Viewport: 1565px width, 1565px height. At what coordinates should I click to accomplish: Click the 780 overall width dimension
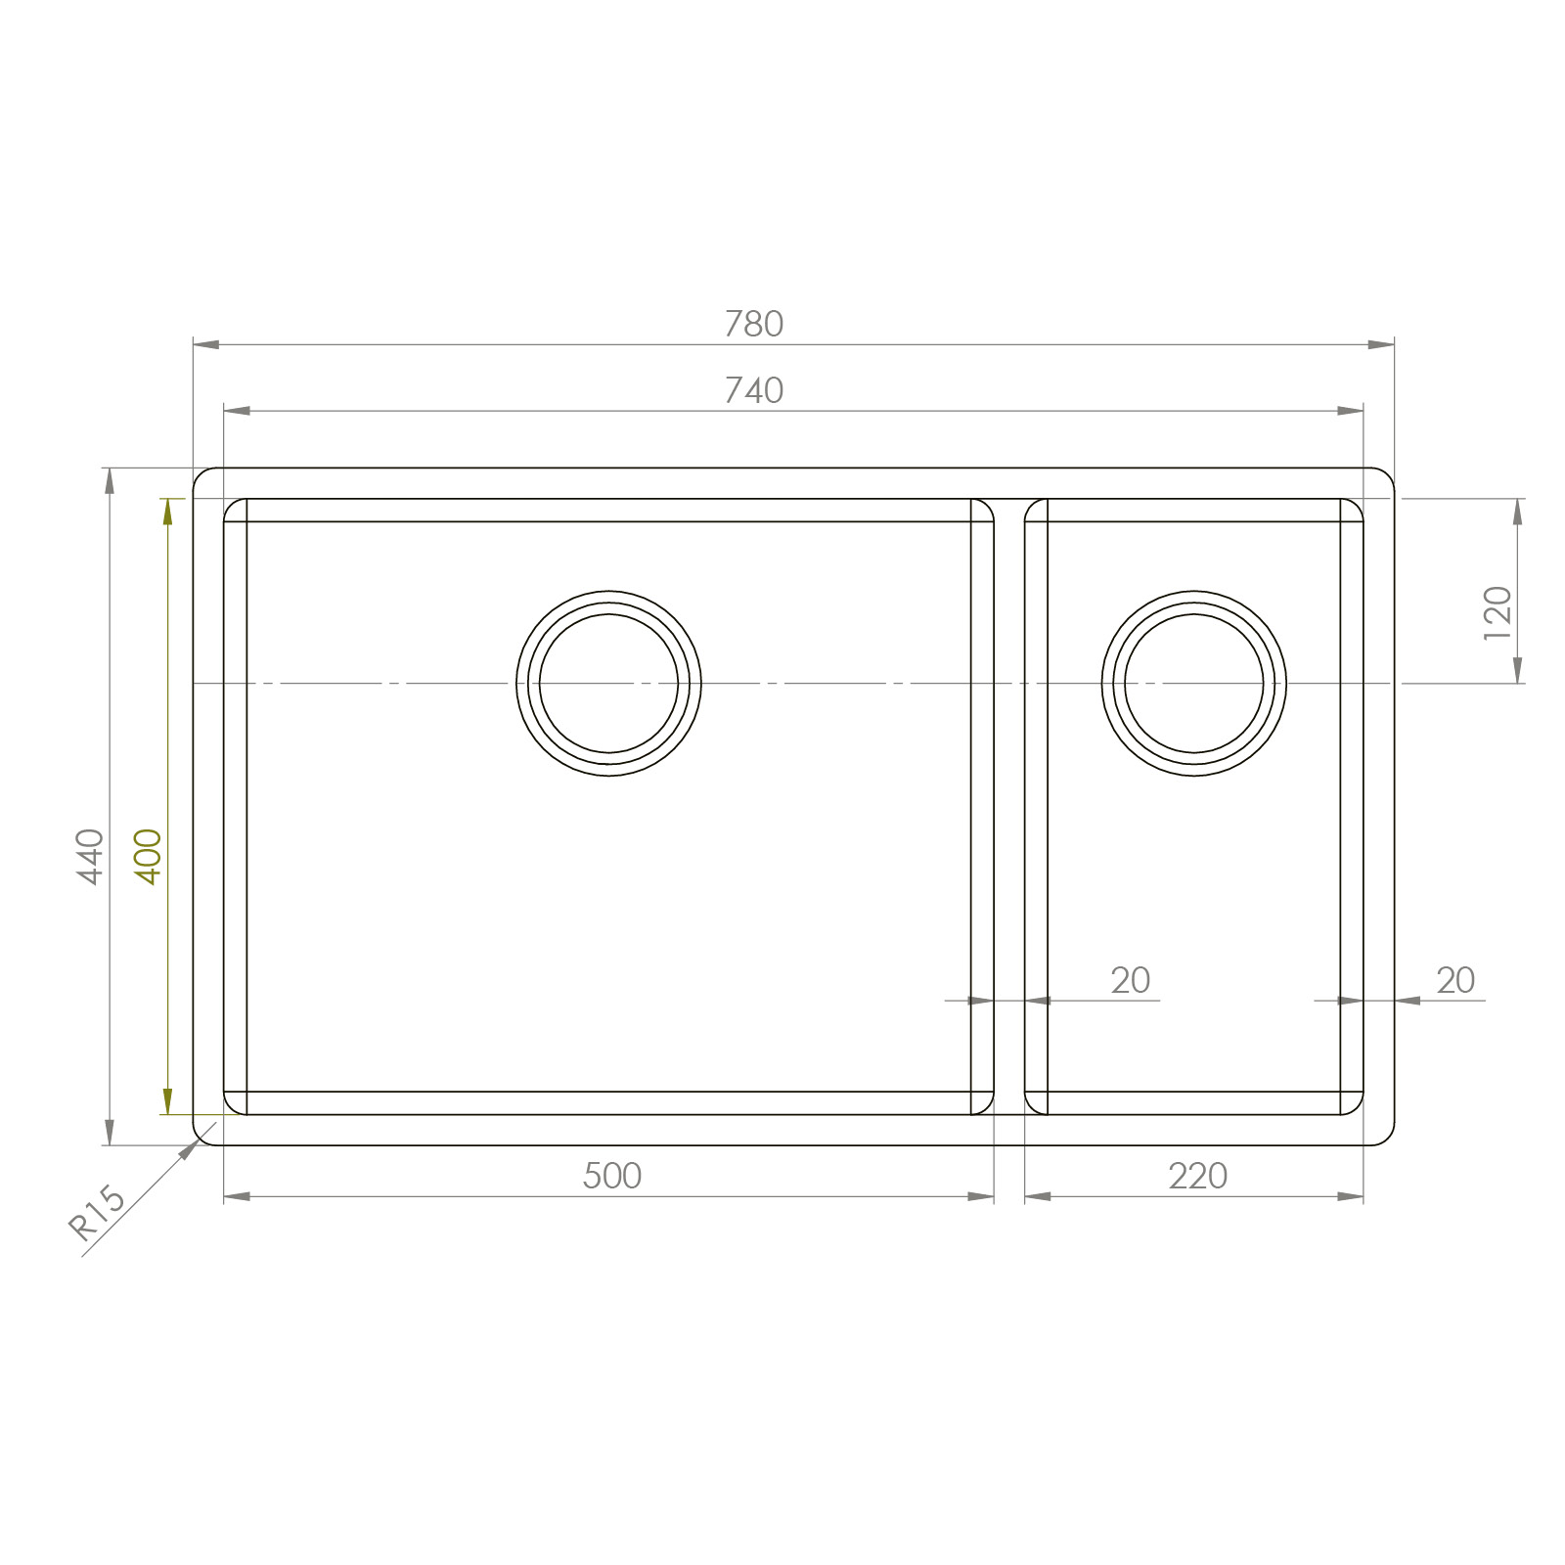coord(753,324)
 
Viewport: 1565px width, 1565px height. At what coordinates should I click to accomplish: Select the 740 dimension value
coord(753,390)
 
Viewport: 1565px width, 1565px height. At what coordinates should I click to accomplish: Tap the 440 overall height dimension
coord(90,856)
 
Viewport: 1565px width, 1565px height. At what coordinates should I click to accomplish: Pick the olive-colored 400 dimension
coord(148,856)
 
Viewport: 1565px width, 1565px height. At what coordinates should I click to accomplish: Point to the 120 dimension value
coord(1498,613)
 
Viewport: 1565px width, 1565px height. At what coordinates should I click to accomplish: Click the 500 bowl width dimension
coord(611,1175)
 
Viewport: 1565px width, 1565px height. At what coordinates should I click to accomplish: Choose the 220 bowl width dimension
coord(1197,1175)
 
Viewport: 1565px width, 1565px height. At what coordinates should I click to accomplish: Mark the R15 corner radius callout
coord(96,1213)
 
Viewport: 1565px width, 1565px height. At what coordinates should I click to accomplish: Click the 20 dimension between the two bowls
coord(1130,980)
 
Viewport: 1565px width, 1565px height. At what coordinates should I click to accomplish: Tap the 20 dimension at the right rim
coord(1455,980)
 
